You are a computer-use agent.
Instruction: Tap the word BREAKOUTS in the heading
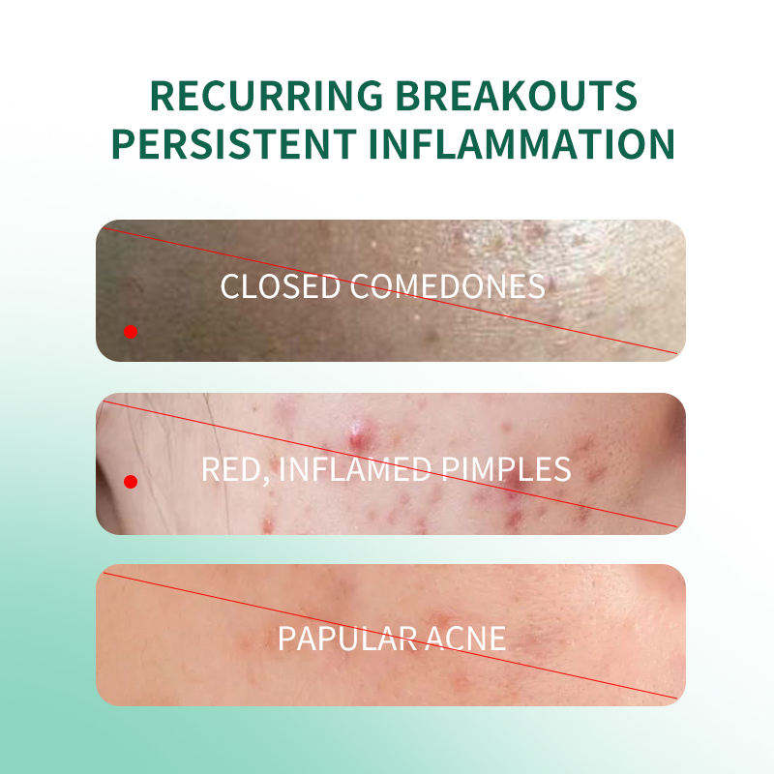517,95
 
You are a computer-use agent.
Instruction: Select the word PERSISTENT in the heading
234,143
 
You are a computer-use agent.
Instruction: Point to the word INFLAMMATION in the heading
521,143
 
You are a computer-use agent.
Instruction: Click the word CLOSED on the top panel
281,286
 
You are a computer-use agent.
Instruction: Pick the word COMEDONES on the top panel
448,286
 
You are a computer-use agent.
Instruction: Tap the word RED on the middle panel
230,469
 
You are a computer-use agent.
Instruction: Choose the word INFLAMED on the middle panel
355,469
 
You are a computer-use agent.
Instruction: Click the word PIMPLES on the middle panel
506,469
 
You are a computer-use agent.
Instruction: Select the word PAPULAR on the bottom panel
348,639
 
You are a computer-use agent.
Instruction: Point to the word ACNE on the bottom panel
466,639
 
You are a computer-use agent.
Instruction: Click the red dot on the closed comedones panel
131,332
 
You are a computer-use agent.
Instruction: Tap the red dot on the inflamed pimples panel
131,481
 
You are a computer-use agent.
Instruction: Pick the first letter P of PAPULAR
286,639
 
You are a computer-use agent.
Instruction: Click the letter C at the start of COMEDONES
360,286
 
